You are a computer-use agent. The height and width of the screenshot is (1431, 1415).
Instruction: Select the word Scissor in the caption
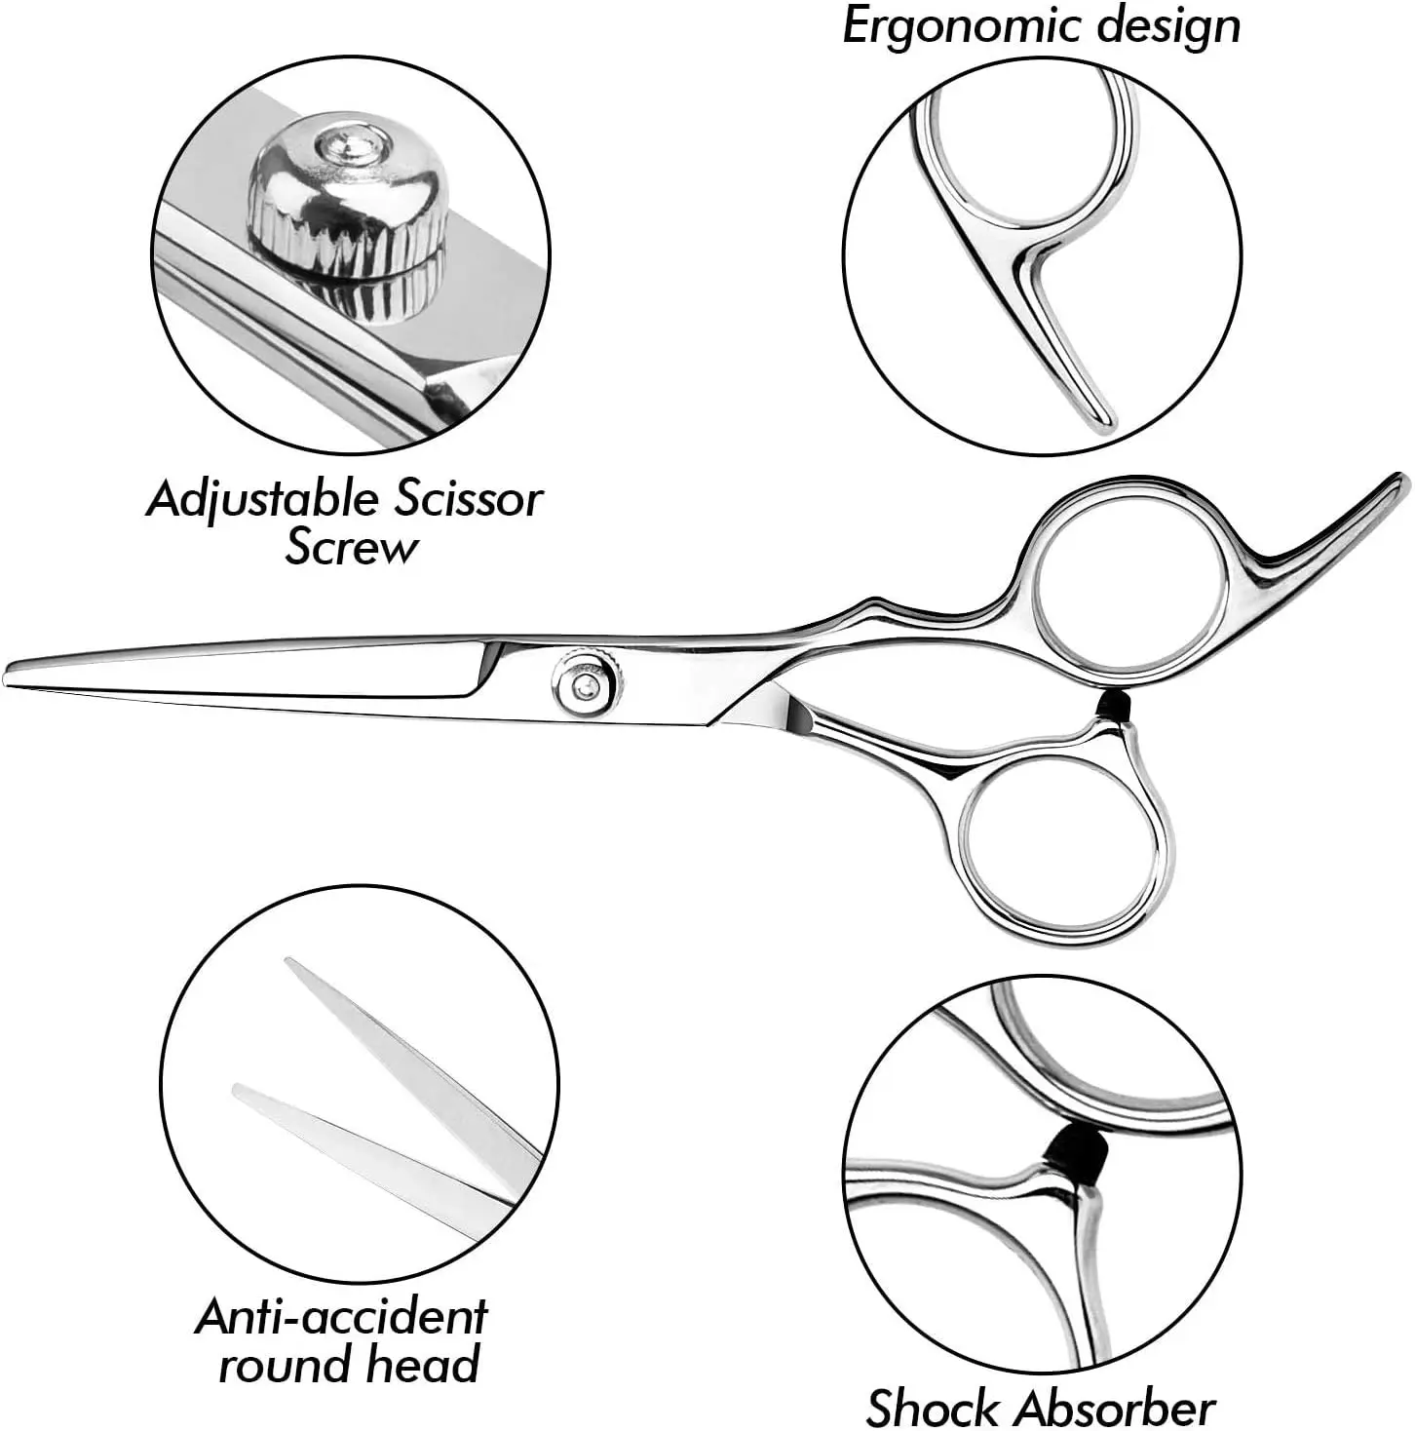click(468, 499)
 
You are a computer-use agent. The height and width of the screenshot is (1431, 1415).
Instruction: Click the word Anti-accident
click(341, 1317)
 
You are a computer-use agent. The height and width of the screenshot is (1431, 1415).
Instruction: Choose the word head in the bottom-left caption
click(428, 1364)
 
